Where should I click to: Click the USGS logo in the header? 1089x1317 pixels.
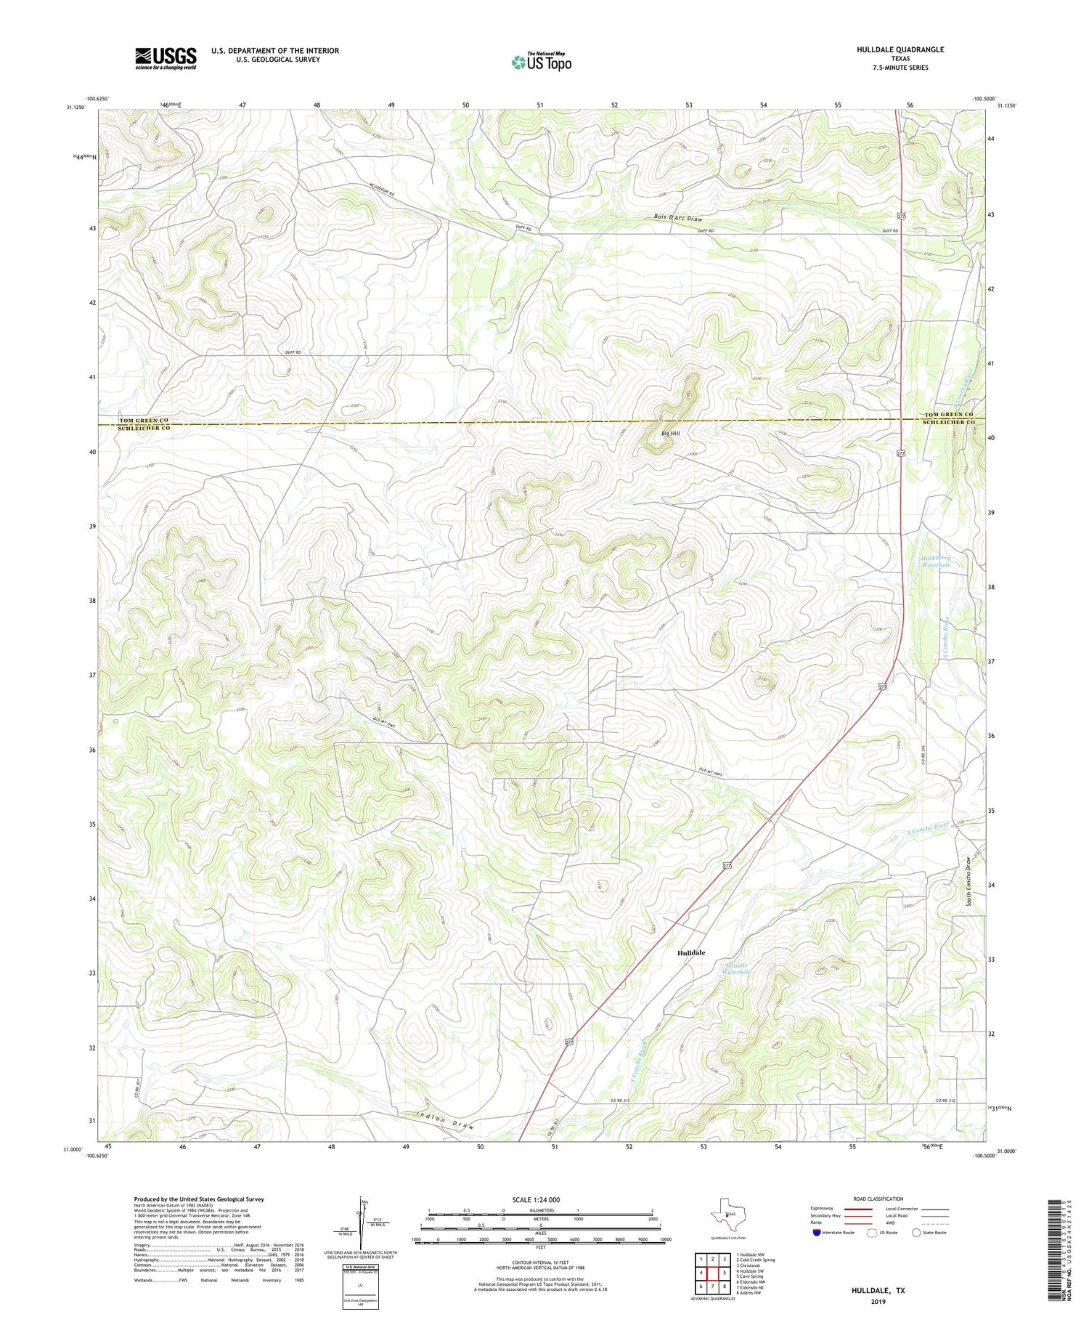click(x=166, y=58)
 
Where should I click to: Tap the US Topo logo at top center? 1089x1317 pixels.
click(x=541, y=62)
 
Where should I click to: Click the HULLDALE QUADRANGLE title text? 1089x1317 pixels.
click(x=900, y=49)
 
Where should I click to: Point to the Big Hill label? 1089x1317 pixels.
click(x=670, y=434)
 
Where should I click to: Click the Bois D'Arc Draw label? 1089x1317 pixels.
click(x=677, y=218)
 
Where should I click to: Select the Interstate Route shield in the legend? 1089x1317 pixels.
click(x=816, y=1232)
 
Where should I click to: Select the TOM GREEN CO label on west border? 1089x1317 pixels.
click(x=144, y=421)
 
